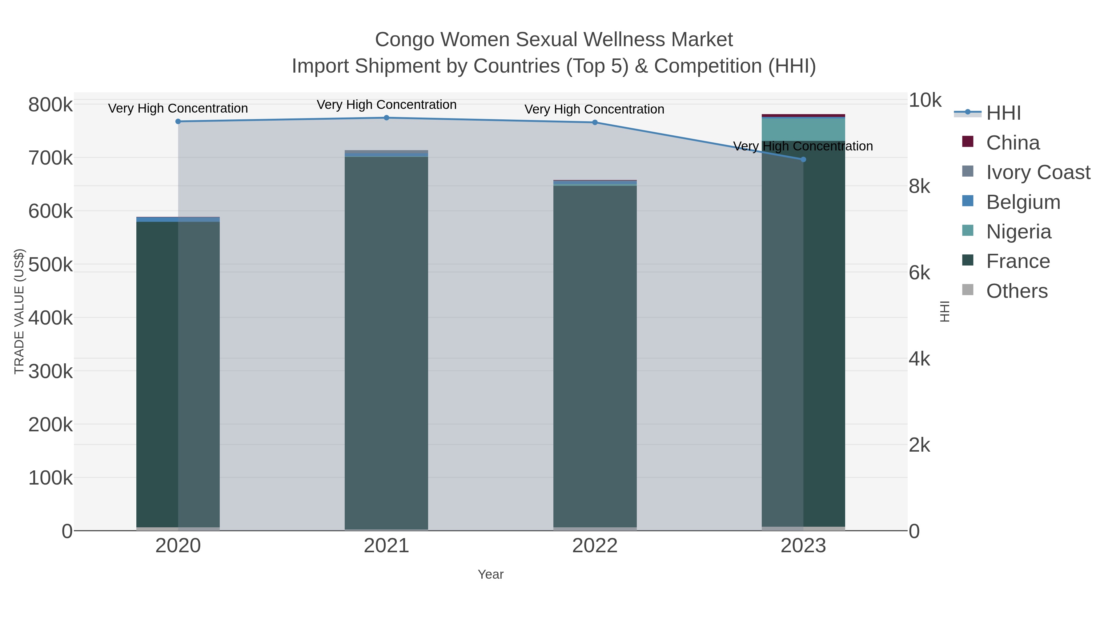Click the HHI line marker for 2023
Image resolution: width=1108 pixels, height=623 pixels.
pyautogui.click(x=803, y=159)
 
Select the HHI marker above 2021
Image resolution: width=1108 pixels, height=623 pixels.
pyautogui.click(x=386, y=118)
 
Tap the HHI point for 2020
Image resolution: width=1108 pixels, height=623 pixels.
pyautogui.click(x=178, y=121)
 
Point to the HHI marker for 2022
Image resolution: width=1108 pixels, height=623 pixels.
pyautogui.click(x=595, y=122)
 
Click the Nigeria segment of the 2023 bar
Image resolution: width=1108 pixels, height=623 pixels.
pyautogui.click(x=803, y=130)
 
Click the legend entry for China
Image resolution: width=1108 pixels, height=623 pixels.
pyautogui.click(x=1013, y=143)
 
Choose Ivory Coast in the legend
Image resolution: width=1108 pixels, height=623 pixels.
pyautogui.click(x=1038, y=172)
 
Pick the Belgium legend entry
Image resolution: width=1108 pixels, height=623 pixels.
pyautogui.click(x=1023, y=202)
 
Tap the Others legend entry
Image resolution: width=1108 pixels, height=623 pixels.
pyautogui.click(x=1016, y=291)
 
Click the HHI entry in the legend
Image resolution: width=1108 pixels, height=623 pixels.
pyautogui.click(x=1003, y=113)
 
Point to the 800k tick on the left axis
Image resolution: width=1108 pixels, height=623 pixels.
pyautogui.click(x=50, y=105)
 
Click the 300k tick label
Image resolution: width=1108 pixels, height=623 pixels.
pyautogui.click(x=50, y=371)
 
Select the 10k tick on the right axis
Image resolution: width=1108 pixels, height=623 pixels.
pyautogui.click(x=925, y=101)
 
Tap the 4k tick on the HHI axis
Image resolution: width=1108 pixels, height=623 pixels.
pyautogui.click(x=919, y=359)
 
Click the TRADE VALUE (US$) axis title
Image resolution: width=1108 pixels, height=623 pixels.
pyautogui.click(x=19, y=311)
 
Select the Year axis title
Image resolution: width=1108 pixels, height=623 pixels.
pyautogui.click(x=490, y=574)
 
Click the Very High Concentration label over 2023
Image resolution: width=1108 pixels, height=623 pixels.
pyautogui.click(x=803, y=146)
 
